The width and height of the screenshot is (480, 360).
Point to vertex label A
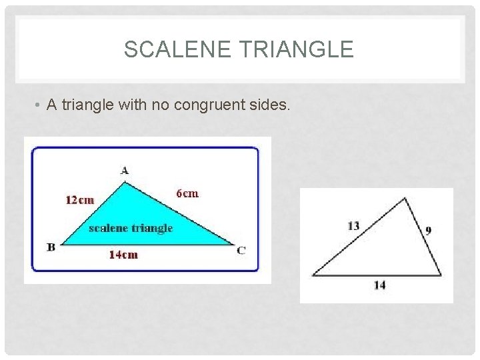tap(125, 171)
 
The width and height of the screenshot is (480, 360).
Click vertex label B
tap(51, 247)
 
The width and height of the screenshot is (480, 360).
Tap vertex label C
tap(241, 250)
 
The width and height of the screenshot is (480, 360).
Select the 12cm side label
tap(79, 199)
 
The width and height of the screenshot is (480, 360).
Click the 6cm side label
tap(187, 193)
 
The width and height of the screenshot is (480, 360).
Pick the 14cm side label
tap(123, 255)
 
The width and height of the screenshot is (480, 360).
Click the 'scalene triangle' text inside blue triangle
tap(131, 228)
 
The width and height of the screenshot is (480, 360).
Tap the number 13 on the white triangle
tap(353, 226)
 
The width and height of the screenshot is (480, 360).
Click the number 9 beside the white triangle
tap(428, 231)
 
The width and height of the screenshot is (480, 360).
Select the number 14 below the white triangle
tap(379, 285)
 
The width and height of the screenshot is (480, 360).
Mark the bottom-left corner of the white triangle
tap(313, 275)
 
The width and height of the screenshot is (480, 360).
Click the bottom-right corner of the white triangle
tap(441, 275)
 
